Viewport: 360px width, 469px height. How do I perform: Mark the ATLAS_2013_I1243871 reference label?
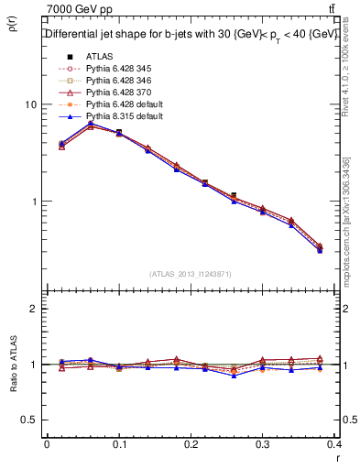pyautogui.click(x=191, y=274)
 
